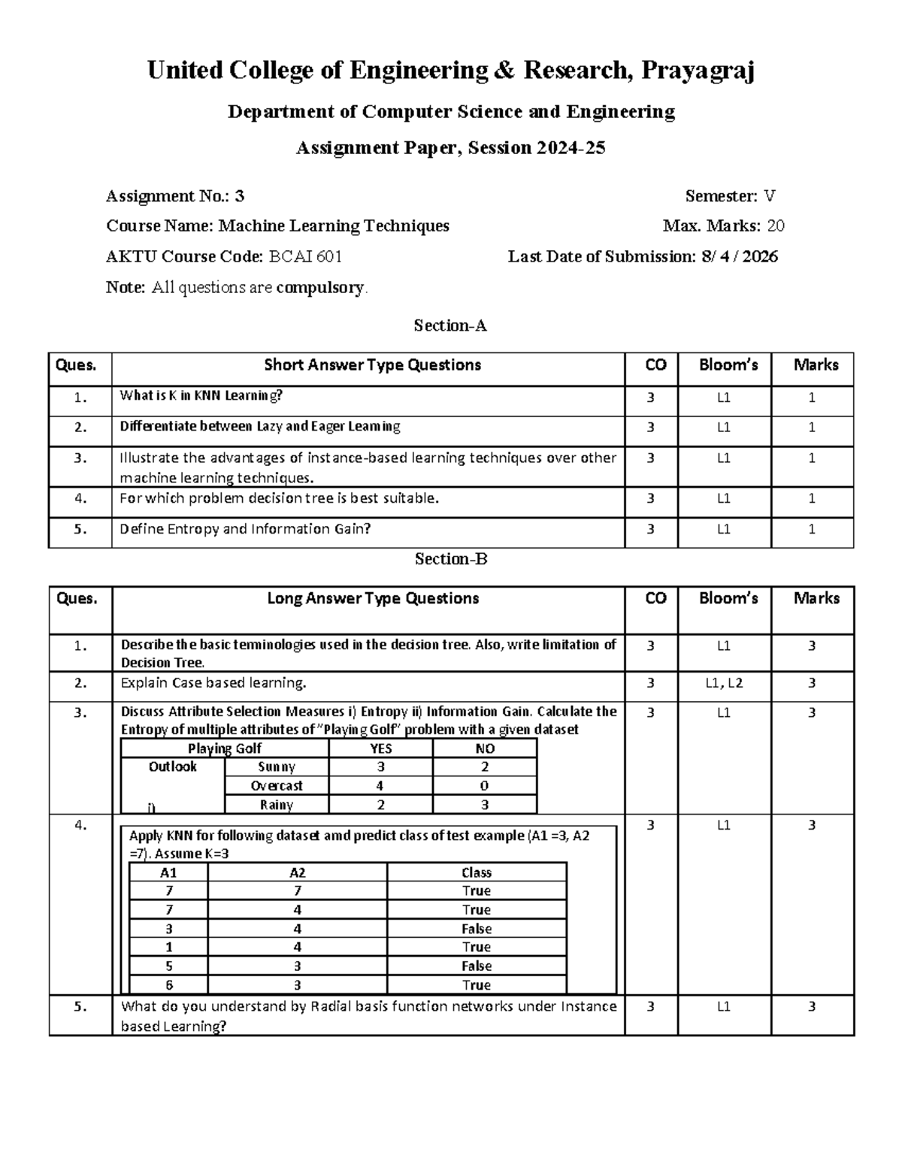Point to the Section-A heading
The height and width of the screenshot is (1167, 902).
(450, 325)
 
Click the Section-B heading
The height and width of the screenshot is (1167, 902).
(450, 559)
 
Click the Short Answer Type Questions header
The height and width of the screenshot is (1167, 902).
(372, 365)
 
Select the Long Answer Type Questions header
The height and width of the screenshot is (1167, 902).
(373, 599)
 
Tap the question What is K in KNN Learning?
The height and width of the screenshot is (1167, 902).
(201, 396)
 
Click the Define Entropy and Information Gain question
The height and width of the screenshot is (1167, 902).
(245, 529)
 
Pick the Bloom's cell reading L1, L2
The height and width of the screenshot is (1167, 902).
(725, 683)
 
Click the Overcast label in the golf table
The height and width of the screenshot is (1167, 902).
(277, 786)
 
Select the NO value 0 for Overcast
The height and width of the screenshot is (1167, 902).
(485, 786)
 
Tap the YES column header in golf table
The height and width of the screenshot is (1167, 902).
(381, 748)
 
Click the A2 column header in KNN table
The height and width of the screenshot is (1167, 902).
(298, 872)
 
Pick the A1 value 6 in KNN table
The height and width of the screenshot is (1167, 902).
(169, 985)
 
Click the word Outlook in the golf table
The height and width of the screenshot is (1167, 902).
(172, 766)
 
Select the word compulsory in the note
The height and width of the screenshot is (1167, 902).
(320, 288)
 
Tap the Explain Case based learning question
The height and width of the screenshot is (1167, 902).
(213, 683)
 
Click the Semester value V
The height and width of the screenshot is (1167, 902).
(769, 197)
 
